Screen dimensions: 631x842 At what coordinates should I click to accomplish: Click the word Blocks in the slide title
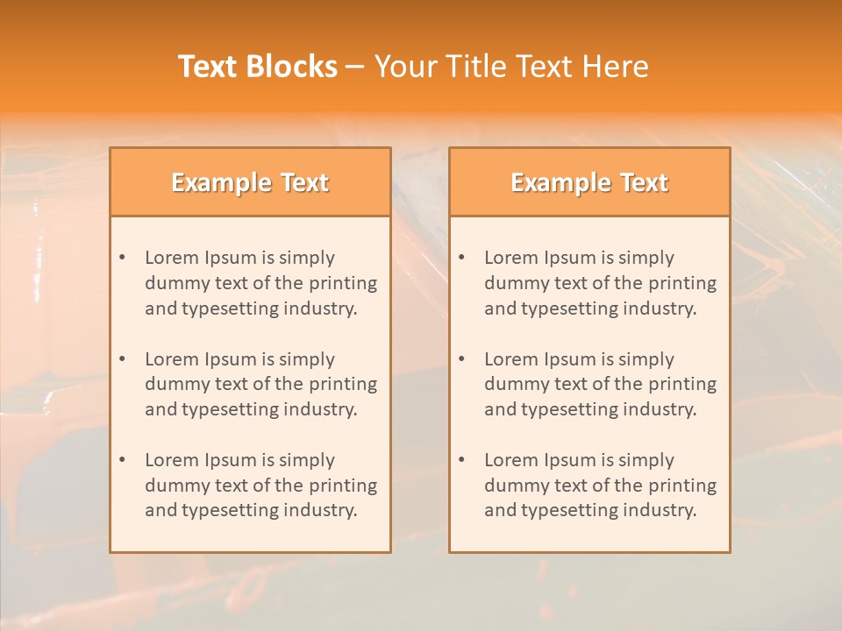point(292,67)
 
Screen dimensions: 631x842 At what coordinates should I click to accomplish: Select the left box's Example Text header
point(250,182)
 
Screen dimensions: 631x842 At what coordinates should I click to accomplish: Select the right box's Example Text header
point(589,182)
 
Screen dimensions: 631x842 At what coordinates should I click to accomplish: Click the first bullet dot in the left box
point(122,258)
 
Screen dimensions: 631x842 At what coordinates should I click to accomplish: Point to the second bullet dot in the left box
point(122,359)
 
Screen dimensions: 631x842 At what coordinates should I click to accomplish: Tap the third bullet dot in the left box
point(122,460)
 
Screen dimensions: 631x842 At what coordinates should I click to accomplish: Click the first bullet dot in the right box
point(461,258)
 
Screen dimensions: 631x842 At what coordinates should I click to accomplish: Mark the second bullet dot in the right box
point(461,359)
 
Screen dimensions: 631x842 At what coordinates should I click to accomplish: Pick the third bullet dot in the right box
point(461,460)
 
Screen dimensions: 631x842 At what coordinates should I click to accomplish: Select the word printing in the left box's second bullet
point(343,384)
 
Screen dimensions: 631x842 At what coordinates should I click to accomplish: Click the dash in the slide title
point(355,67)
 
